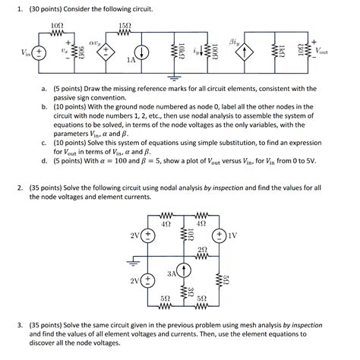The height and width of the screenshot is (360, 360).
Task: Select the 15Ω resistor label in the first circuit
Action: pyautogui.click(x=126, y=27)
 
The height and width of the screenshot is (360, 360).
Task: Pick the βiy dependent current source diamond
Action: pyautogui.click(x=245, y=52)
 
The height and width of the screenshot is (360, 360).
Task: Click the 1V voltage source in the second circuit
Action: pyautogui.click(x=220, y=235)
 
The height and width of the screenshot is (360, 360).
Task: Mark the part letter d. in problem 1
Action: pyautogui.click(x=46, y=160)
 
